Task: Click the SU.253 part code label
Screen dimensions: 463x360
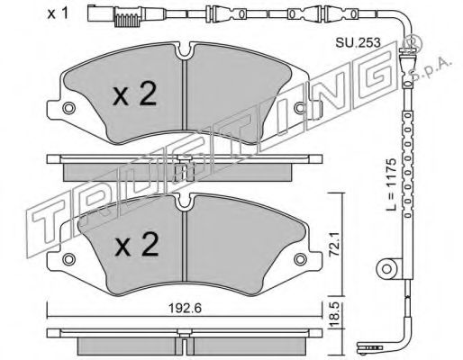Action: coord(358,42)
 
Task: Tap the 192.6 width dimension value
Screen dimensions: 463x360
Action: coord(185,309)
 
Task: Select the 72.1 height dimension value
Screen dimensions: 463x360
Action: coord(334,243)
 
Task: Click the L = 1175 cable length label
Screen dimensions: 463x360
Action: coord(392,184)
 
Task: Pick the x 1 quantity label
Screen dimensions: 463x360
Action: coord(58,13)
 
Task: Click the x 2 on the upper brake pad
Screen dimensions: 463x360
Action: coord(135,94)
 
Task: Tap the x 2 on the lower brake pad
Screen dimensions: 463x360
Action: coord(137,245)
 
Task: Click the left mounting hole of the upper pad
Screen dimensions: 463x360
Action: coord(68,108)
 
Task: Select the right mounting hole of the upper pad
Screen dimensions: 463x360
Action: coord(300,108)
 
